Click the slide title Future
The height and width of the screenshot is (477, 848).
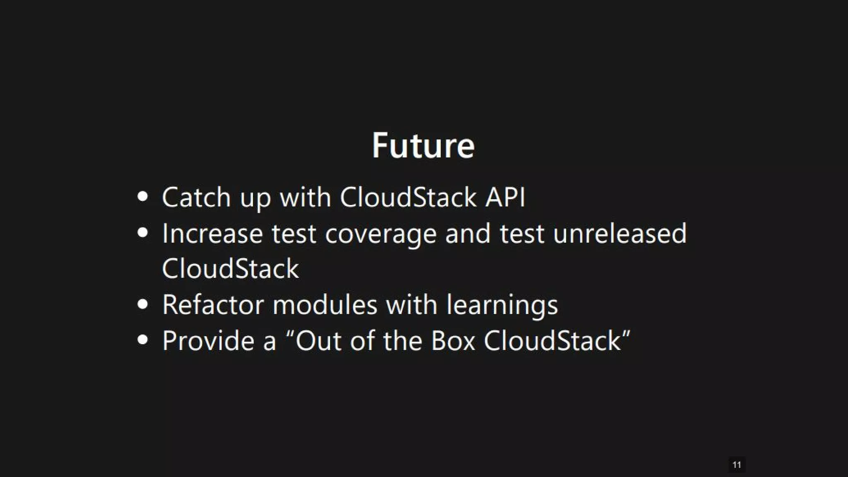423,146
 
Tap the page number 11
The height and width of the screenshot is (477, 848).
737,465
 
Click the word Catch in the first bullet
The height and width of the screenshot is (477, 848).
196,197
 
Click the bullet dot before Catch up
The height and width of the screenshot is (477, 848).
142,197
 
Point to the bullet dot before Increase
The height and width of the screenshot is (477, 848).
142,233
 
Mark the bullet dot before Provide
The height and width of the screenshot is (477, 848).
142,340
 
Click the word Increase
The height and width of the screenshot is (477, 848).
212,234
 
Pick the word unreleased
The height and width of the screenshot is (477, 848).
620,234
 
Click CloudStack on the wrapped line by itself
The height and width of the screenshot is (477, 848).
230,269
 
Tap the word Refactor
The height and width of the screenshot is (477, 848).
213,305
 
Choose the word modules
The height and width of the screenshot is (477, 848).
325,305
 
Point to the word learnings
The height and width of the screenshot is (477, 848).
502,306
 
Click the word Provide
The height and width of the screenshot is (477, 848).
208,341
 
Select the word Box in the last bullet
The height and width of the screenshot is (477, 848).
453,341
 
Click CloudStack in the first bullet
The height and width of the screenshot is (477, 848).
408,197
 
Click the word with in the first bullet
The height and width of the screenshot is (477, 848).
306,197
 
